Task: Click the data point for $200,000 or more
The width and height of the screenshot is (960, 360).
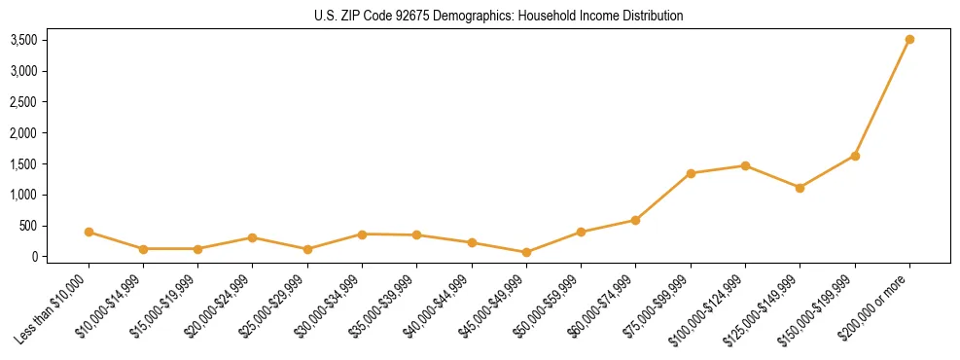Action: (x=909, y=40)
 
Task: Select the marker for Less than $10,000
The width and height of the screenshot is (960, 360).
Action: (x=89, y=232)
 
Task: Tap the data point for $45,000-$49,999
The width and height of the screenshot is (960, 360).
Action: (x=526, y=252)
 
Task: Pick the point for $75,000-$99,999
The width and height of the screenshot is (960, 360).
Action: (x=691, y=173)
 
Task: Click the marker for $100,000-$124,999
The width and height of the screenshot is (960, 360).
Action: (x=745, y=165)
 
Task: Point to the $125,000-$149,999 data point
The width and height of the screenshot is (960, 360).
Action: (x=800, y=188)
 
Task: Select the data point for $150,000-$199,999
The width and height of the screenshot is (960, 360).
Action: (x=855, y=156)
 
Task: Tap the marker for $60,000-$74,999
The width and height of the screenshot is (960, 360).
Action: (x=635, y=220)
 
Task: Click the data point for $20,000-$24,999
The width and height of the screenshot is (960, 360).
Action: (x=252, y=237)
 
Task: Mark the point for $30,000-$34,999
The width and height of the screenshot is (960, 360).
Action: (x=362, y=234)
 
